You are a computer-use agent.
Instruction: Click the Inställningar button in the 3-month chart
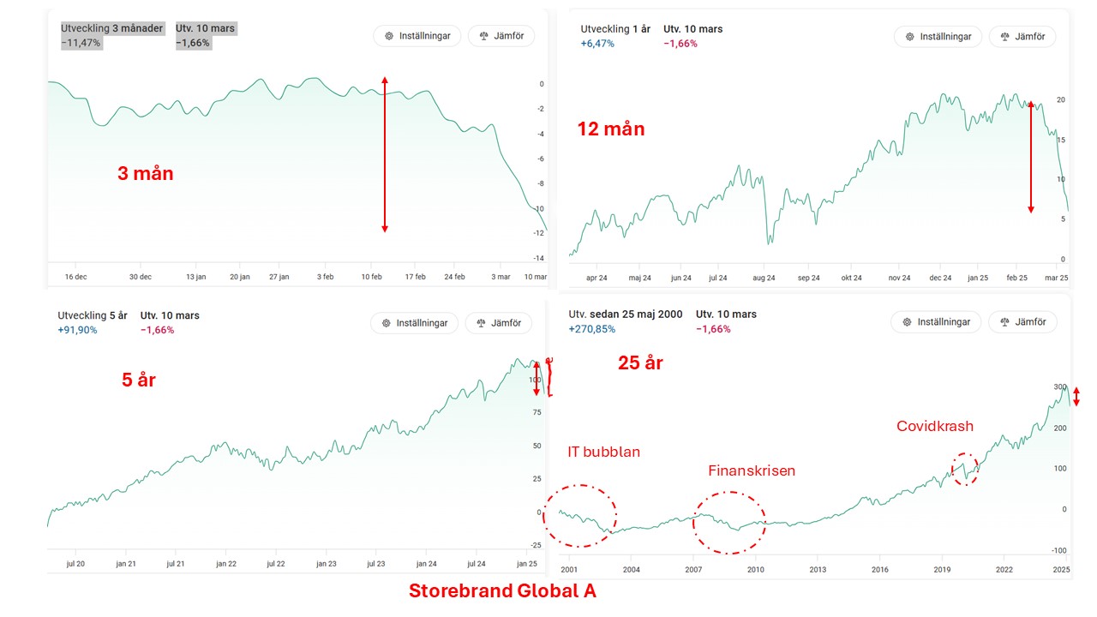(417, 36)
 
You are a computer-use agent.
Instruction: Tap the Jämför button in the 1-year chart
(1022, 37)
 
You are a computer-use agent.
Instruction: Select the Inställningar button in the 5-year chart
(415, 323)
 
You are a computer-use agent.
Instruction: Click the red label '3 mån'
(146, 173)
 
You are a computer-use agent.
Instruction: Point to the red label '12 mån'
(611, 129)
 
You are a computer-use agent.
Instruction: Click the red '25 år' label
(640, 362)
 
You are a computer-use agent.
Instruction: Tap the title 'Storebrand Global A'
(502, 591)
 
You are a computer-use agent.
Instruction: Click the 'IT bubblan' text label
(603, 452)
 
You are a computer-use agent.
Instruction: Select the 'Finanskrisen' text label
(752, 470)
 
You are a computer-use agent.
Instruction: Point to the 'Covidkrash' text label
(935, 426)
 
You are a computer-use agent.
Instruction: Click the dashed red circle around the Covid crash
(965, 469)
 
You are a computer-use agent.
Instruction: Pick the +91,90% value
(78, 330)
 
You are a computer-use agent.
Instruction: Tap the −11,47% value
(81, 43)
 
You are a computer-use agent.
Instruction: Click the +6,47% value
(597, 43)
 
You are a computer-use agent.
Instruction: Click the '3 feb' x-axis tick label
(327, 277)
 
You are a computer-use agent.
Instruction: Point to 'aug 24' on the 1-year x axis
(764, 278)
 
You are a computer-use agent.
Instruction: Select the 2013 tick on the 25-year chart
(818, 569)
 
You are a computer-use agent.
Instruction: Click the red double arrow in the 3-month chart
(385, 154)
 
